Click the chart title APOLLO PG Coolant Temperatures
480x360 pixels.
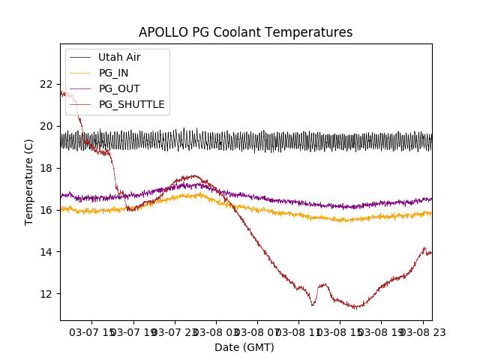pyautogui.click(x=245, y=32)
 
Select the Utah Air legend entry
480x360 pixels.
pyautogui.click(x=119, y=57)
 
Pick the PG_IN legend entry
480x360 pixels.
pyautogui.click(x=113, y=73)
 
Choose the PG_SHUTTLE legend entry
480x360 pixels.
pyautogui.click(x=131, y=104)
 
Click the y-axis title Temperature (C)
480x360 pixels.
pyautogui.click(x=29, y=181)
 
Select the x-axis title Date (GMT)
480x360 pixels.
pyautogui.click(x=244, y=347)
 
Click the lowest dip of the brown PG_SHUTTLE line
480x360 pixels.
pyautogui.click(x=356, y=307)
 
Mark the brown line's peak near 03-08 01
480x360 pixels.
pyautogui.click(x=193, y=175)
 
